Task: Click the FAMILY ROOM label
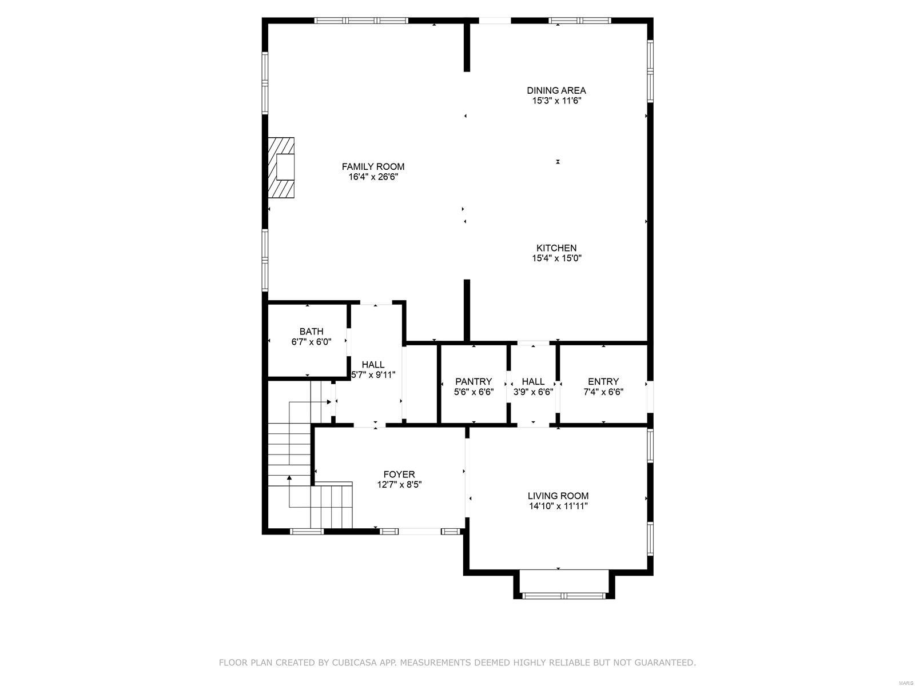coord(373,166)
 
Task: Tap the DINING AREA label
coord(556,90)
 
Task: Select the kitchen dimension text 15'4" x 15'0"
coord(556,258)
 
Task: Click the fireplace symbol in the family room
coord(282,167)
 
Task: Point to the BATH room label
coord(311,332)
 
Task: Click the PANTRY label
coord(473,381)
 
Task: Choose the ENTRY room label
coord(603,381)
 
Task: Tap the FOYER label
coord(399,474)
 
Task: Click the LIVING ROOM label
coord(558,496)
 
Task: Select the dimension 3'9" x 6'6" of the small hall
coord(533,392)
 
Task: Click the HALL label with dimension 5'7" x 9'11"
coord(373,365)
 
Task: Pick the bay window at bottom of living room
coord(563,596)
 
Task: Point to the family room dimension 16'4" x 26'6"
coord(373,177)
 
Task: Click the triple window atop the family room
coord(361,21)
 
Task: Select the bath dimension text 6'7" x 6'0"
coord(311,342)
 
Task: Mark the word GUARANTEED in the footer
coord(663,663)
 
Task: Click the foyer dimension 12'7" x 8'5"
coord(399,485)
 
